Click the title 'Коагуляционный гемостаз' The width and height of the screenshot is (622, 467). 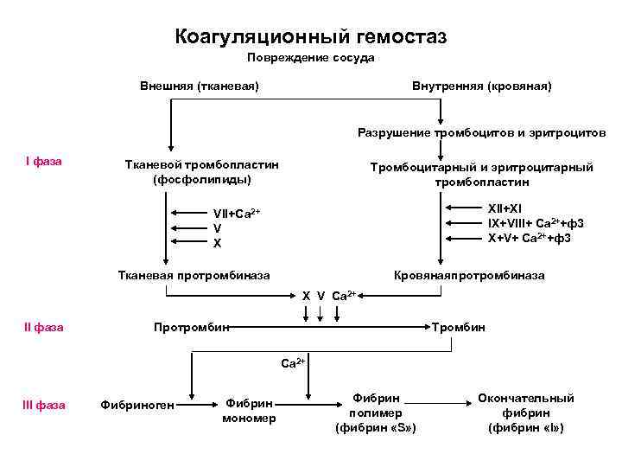pyautogui.click(x=311, y=36)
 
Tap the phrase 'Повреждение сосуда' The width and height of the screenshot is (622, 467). pyautogui.click(x=311, y=58)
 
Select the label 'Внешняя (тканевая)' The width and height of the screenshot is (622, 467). pyautogui.click(x=200, y=86)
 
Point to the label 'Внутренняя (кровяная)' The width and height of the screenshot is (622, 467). pyautogui.click(x=482, y=86)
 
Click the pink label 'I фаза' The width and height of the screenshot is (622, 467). pyautogui.click(x=43, y=161)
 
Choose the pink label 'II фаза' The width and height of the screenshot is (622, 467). pyautogui.click(x=44, y=327)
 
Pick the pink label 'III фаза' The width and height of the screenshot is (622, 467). pyautogui.click(x=44, y=404)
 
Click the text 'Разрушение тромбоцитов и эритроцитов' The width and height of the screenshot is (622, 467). pyautogui.click(x=482, y=132)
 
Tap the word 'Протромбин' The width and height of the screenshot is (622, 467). pyautogui.click(x=191, y=327)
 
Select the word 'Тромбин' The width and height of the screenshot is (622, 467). pyautogui.click(x=460, y=327)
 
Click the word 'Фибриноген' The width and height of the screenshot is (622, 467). pyautogui.click(x=137, y=404)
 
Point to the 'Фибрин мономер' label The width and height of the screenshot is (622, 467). pyautogui.click(x=249, y=411)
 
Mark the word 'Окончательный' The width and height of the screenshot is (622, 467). pyautogui.click(x=526, y=398)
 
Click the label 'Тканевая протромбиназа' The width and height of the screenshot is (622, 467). pyautogui.click(x=194, y=275)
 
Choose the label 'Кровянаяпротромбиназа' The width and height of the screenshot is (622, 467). pyautogui.click(x=469, y=275)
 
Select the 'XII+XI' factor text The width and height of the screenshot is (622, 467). pyautogui.click(x=505, y=208)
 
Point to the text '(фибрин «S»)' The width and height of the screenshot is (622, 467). pyautogui.click(x=376, y=428)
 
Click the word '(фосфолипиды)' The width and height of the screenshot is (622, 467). pyautogui.click(x=202, y=180)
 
